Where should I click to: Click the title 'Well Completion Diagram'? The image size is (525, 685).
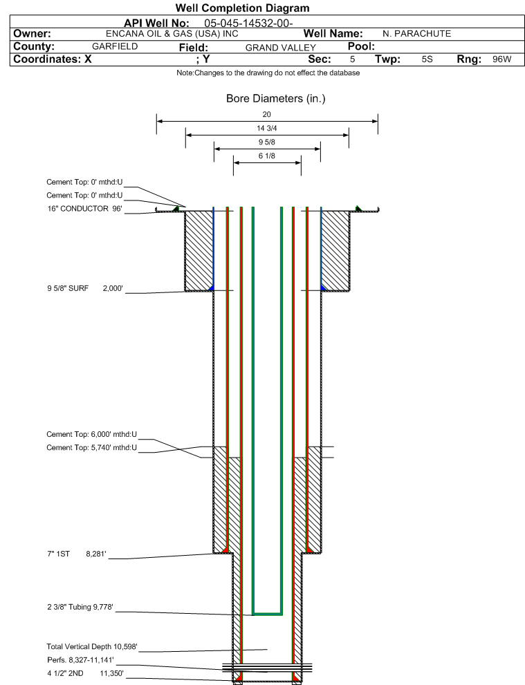click(243, 8)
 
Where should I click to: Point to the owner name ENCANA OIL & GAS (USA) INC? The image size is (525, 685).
click(172, 34)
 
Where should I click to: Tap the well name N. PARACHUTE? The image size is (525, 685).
click(416, 34)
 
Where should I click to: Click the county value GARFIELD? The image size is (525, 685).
click(115, 46)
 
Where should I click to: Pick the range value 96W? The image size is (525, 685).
click(501, 59)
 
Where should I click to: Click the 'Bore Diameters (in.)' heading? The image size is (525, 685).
click(275, 99)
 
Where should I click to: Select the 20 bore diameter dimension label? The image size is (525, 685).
click(267, 115)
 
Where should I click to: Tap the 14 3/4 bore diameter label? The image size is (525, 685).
click(267, 129)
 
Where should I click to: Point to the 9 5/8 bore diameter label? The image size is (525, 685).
click(267, 142)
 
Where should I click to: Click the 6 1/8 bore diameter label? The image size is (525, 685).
click(267, 156)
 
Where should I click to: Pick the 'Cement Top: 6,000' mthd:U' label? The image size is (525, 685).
click(91, 434)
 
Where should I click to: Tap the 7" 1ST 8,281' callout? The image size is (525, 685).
click(76, 554)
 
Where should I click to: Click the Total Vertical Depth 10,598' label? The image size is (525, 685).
click(92, 646)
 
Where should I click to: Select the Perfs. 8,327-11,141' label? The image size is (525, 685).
click(80, 660)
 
